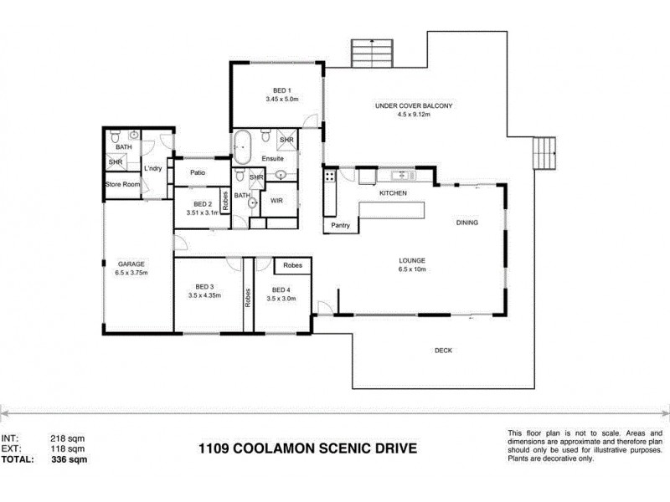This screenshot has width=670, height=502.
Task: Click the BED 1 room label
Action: click(281, 90)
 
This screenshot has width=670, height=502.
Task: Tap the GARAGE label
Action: click(131, 261)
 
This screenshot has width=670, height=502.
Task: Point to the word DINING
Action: click(467, 223)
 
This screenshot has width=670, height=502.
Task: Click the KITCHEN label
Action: click(393, 193)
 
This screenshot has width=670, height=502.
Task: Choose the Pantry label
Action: click(341, 225)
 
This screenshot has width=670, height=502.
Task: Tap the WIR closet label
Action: click(276, 201)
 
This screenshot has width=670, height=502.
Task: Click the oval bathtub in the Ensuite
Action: click(242, 148)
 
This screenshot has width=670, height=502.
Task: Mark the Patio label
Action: click(198, 173)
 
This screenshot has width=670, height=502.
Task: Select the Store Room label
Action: click(121, 184)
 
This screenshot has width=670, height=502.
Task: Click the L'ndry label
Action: click(153, 168)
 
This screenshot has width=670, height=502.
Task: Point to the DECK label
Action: click(444, 351)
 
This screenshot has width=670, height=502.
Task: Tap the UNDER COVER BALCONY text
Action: click(414, 105)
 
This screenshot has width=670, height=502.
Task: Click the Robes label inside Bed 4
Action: click(292, 265)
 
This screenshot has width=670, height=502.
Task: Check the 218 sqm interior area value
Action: click(68, 438)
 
